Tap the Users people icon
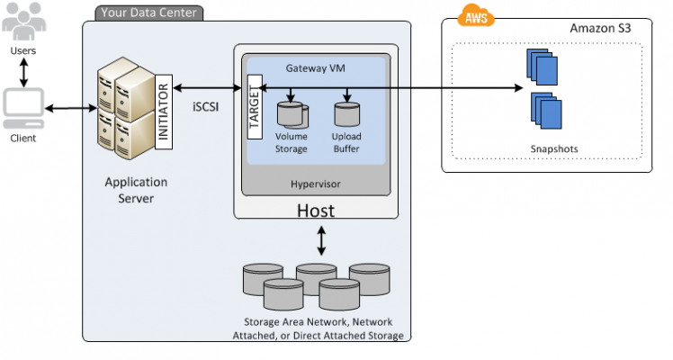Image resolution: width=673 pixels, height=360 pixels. pos(23,22)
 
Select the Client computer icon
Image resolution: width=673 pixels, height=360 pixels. pos(23,108)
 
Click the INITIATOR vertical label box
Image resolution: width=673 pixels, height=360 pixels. pos(164,112)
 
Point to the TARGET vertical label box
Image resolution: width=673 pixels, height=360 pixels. pos(255,107)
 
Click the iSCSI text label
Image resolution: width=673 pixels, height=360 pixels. pos(206,107)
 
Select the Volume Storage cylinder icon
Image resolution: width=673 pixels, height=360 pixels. pos(292,114)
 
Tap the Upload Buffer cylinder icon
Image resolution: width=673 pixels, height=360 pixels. pos(346,114)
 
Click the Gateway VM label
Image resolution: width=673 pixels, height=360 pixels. pos(316,68)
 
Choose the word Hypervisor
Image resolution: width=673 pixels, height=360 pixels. pos(316,184)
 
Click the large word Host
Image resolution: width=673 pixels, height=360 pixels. pos(316,211)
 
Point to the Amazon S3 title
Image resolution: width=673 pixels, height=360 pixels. pos(600,28)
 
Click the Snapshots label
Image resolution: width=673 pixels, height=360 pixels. pos(554,148)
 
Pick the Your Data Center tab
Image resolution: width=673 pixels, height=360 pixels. pos(149,13)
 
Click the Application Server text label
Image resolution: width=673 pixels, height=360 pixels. pos(136,190)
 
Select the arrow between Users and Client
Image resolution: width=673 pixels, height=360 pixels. pos(24,73)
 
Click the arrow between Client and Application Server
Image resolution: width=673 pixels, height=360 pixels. pos(71,108)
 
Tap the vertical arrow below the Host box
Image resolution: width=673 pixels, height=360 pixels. pos(321,241)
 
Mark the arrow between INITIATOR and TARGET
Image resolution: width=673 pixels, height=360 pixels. pos(207,88)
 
